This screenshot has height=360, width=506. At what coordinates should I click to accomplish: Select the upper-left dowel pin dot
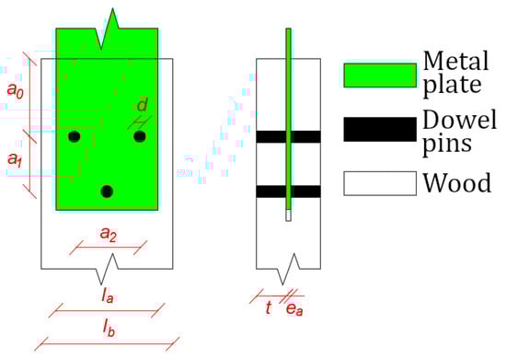tap(75, 136)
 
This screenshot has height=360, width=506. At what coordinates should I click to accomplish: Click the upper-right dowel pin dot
tap(140, 136)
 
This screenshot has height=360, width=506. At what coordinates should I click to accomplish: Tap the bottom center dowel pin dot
tap(107, 191)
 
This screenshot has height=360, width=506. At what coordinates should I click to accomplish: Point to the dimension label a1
tap(15, 159)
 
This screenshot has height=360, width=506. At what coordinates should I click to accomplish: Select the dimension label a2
tap(109, 236)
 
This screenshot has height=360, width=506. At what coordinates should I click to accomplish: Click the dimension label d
tap(142, 105)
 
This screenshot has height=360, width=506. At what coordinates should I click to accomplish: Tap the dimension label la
tap(108, 297)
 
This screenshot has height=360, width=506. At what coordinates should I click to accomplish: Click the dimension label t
tap(268, 308)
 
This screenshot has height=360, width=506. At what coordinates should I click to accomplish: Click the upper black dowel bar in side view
tap(288, 136)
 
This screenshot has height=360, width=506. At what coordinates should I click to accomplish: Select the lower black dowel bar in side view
tap(288, 192)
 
